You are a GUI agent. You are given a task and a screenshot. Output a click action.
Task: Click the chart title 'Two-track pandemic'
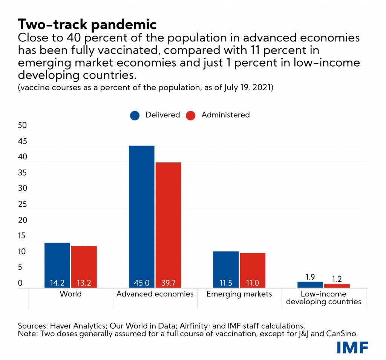87,24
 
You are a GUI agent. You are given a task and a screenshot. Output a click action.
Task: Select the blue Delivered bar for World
57,264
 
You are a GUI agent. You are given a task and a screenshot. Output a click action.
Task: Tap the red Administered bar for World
84,265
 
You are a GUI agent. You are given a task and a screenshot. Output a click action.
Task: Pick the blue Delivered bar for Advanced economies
141,215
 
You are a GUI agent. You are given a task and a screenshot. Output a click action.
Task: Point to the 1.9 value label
310,277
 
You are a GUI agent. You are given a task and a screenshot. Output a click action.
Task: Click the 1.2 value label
337,279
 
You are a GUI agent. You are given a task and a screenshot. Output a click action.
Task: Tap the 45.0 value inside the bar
141,283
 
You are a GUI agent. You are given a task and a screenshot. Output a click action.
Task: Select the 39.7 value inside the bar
168,283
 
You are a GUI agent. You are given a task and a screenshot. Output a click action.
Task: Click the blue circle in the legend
135,115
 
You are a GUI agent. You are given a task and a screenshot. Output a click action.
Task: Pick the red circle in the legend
191,115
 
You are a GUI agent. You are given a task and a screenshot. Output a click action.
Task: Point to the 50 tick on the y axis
23,125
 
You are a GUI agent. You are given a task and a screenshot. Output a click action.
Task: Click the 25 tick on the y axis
23,204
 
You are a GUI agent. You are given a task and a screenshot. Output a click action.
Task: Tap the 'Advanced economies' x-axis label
155,294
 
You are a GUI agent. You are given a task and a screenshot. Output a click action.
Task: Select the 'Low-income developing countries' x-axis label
323,297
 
